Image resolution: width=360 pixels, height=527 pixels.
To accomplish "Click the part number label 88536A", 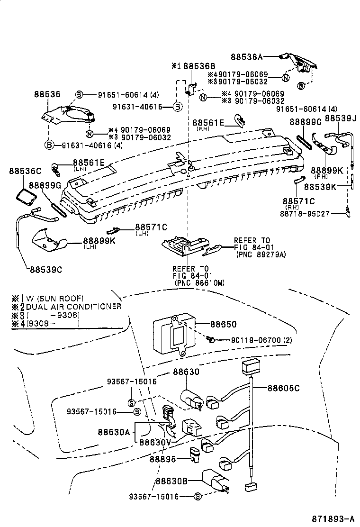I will point(246,56).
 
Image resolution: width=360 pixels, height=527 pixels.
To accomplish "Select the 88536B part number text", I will point(199,66).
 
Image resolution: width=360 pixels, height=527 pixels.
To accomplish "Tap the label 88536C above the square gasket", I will point(25,170).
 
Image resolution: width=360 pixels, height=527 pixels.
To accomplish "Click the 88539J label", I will point(341,118).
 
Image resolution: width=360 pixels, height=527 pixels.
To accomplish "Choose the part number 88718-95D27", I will point(304,214).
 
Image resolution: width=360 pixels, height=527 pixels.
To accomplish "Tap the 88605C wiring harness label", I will point(284,388).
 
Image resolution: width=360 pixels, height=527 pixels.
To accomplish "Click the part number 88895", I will point(163,459).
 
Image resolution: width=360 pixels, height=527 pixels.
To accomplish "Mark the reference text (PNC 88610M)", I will point(199,283).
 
